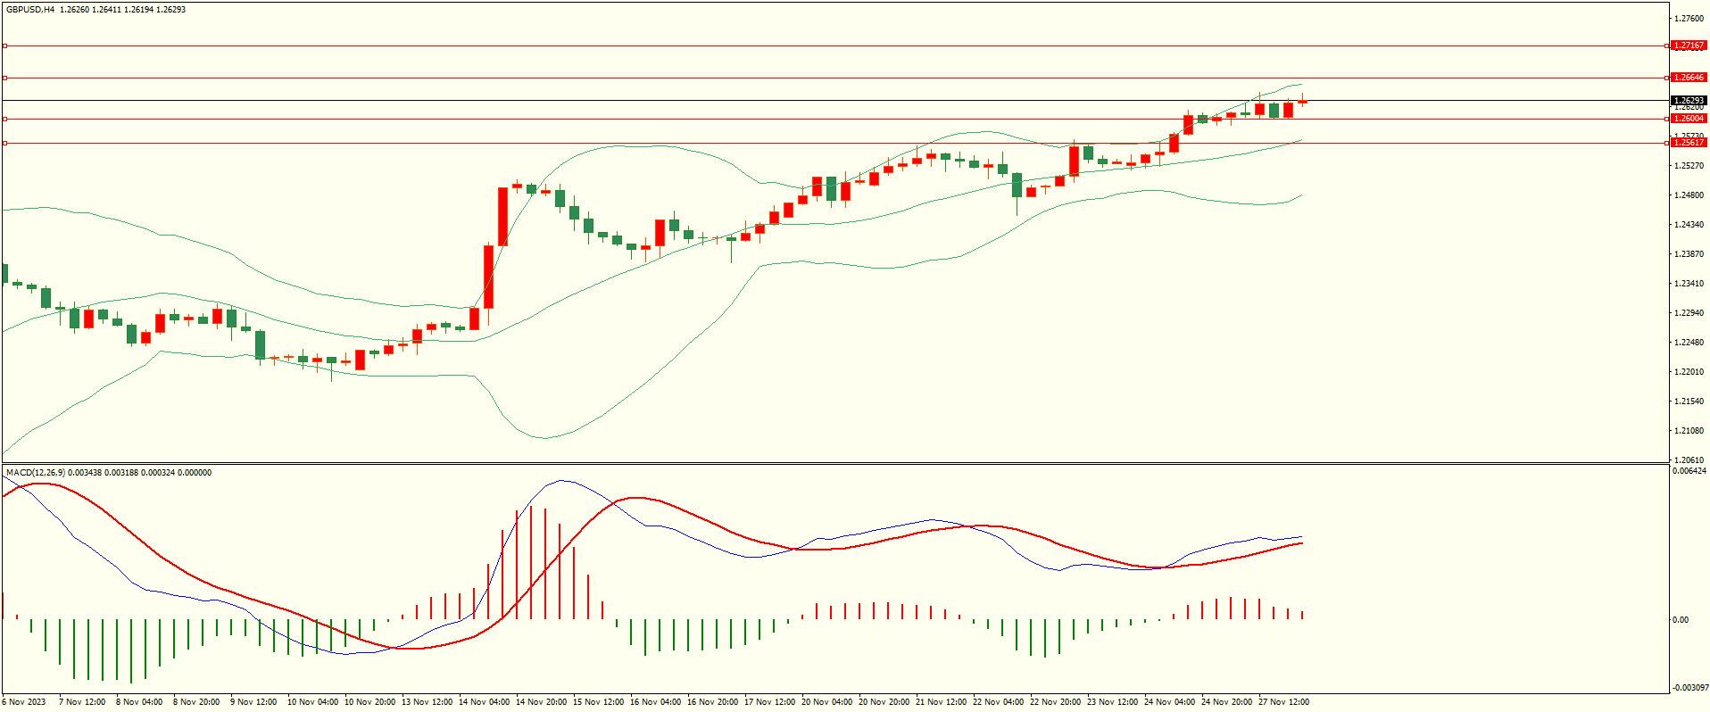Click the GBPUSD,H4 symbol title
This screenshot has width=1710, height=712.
(30, 10)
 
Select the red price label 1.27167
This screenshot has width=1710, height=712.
(1689, 46)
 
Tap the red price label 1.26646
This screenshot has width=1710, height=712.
(1689, 78)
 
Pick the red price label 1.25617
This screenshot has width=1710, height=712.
(1689, 143)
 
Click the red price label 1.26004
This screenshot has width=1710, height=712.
(1689, 119)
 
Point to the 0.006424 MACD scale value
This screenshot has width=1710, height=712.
(1689, 471)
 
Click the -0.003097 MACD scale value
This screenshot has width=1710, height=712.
(1689, 688)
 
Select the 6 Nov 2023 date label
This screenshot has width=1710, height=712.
(24, 702)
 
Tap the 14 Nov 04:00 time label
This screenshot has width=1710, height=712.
(484, 702)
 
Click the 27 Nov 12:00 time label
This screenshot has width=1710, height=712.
(1283, 702)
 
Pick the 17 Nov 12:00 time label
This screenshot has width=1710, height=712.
(769, 702)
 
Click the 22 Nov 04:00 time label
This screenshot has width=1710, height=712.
(998, 702)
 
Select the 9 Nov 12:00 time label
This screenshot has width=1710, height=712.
(253, 702)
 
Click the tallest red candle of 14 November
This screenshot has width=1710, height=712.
(502, 216)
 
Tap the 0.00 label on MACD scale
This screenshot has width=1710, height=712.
(1681, 620)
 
